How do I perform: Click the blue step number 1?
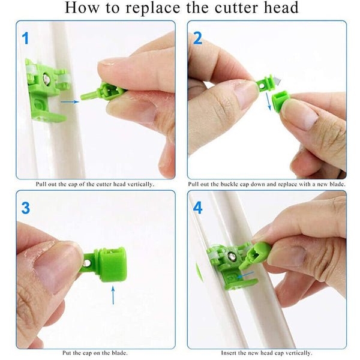pos(25,38)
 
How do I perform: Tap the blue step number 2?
pos(198,38)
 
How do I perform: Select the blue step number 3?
pos(26,208)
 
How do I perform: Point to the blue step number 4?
pos(198,208)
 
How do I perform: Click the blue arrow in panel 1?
pos(71,101)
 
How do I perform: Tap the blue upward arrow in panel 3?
pos(113,296)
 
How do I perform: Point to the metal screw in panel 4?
pos(232,257)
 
